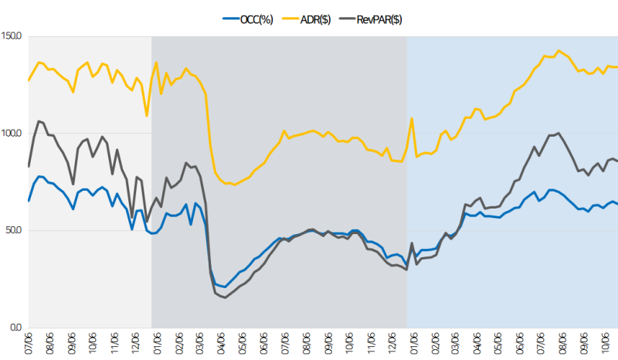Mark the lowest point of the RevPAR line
tap(226, 297)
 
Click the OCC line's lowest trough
tap(226, 287)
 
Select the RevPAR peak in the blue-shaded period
tap(558, 133)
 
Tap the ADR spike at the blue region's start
tap(412, 118)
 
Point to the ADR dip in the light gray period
tap(147, 116)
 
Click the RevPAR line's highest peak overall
tap(39, 121)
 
